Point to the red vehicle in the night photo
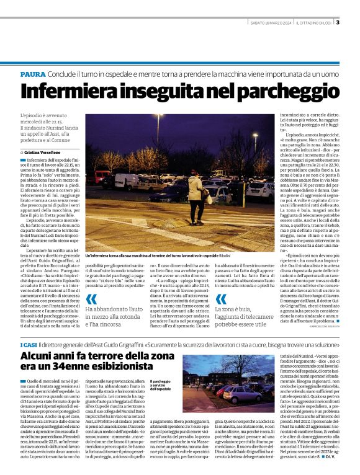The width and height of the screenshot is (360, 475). [99, 177]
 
